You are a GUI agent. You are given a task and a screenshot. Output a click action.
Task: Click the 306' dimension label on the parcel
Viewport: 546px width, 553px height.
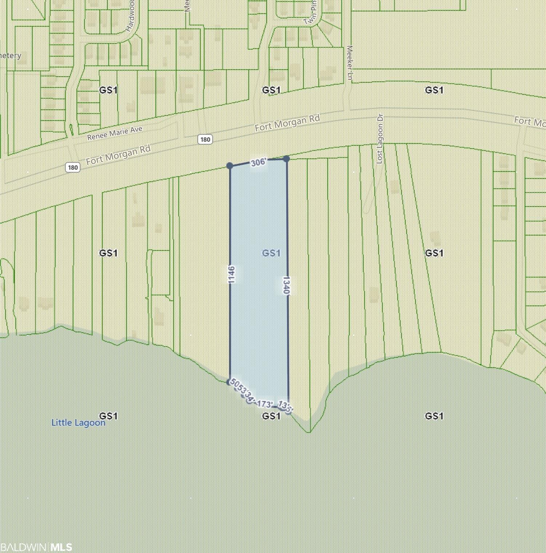pyautogui.click(x=258, y=162)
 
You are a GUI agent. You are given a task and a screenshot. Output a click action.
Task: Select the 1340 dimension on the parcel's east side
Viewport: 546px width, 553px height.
pyautogui.click(x=286, y=285)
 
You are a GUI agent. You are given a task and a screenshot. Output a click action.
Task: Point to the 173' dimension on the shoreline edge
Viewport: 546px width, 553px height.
pyautogui.click(x=264, y=404)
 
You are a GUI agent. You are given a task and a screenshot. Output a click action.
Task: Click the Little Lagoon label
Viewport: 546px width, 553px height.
pyautogui.click(x=78, y=422)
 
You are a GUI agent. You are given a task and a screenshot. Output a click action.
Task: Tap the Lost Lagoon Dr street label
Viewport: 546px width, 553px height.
pyautogui.click(x=380, y=138)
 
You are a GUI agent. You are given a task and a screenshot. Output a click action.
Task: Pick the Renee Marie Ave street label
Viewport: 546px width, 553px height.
pyautogui.click(x=115, y=133)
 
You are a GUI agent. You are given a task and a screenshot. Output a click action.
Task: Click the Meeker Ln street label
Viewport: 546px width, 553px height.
pyautogui.click(x=350, y=63)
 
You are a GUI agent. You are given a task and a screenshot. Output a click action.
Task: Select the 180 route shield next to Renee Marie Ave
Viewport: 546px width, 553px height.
pyautogui.click(x=205, y=139)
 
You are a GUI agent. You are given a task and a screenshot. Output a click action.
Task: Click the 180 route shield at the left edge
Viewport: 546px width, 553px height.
pyautogui.click(x=72, y=167)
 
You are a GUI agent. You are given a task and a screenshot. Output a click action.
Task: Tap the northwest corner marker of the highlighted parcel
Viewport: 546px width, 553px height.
pyautogui.click(x=230, y=166)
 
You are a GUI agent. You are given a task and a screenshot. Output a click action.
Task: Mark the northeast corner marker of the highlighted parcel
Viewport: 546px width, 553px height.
pyautogui.click(x=286, y=159)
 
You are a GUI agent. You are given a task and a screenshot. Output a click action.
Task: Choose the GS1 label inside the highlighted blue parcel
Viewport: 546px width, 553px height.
pyautogui.click(x=271, y=253)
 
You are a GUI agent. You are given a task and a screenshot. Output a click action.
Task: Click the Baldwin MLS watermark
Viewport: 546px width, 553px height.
pyautogui.click(x=36, y=547)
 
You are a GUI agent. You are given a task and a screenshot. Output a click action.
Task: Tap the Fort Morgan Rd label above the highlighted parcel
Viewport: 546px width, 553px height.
pyautogui.click(x=287, y=123)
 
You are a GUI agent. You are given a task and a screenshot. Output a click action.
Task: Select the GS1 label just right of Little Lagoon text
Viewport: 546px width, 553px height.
pyautogui.click(x=108, y=416)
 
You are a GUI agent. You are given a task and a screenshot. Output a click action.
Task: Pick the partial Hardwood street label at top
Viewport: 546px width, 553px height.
pyautogui.click(x=131, y=16)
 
